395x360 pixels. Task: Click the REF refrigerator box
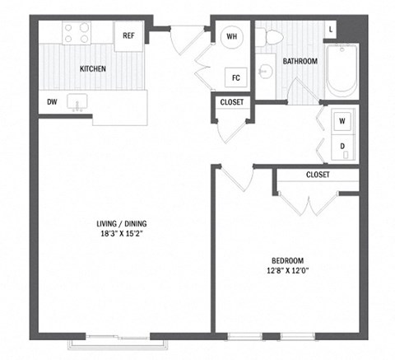(128, 35)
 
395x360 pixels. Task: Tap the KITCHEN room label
(92, 68)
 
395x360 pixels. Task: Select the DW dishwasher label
(52, 103)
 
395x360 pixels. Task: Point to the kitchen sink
(80, 103)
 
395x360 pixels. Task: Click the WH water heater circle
(232, 36)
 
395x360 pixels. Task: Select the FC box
(235, 78)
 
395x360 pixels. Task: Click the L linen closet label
(331, 30)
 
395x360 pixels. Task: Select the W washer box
(343, 120)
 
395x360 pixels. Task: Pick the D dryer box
(343, 146)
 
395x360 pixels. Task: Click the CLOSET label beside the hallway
(232, 102)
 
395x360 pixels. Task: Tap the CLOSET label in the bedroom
(317, 175)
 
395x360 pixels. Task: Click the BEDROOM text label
(287, 257)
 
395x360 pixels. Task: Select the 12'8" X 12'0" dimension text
(287, 269)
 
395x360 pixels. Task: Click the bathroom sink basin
(265, 72)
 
